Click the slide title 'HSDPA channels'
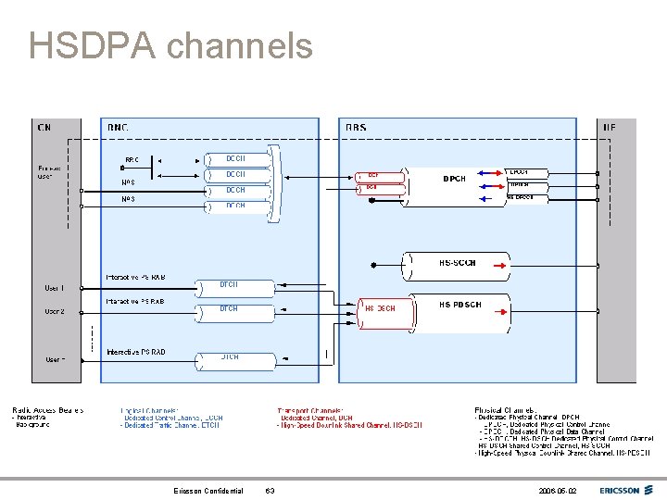tap(170, 45)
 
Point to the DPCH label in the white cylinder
tap(455, 179)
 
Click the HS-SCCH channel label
tap(457, 263)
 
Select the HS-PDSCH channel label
tap(459, 305)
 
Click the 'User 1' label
tap(55, 288)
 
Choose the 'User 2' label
tap(55, 311)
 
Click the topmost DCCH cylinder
tap(235, 158)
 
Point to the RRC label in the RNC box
tap(132, 159)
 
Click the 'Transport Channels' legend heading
tap(310, 410)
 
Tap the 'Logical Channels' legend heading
tap(150, 410)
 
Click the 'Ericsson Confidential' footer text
tap(208, 491)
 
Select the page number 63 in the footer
tap(270, 491)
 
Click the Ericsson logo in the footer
tap(625, 490)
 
